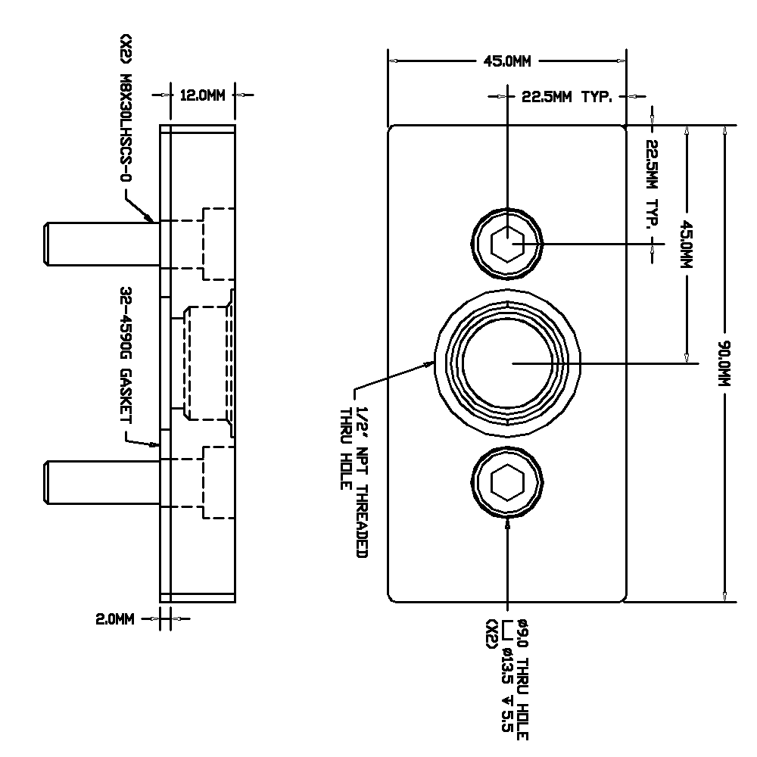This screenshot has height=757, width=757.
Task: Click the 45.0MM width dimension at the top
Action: coord(507,61)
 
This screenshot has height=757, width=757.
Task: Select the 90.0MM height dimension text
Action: coord(724,363)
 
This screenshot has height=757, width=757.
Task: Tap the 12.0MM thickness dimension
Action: coord(202,95)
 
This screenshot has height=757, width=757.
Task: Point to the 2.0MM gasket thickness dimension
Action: coord(115,619)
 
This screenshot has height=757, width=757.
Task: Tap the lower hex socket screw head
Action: coord(507,482)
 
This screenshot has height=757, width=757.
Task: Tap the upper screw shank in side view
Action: coord(102,244)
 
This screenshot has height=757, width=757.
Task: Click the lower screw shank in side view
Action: coord(102,482)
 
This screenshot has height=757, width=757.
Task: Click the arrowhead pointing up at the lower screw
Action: coord(507,522)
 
